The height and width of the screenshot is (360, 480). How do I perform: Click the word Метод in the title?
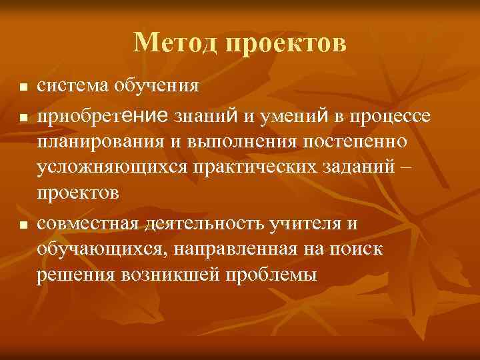(x=175, y=43)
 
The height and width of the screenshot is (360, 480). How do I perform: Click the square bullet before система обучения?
(x=23, y=87)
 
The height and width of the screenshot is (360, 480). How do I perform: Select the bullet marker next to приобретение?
(x=23, y=118)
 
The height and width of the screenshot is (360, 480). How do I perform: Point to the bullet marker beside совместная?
(x=23, y=226)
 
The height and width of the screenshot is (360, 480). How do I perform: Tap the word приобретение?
(x=103, y=117)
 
